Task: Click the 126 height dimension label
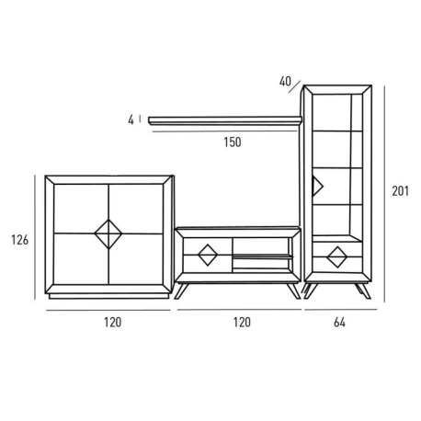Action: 20,240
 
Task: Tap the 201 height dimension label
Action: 401,191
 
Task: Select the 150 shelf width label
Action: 233,142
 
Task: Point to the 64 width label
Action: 339,323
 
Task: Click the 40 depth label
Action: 285,81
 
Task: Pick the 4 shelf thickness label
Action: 131,119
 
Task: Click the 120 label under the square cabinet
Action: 113,323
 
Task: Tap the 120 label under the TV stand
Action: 242,323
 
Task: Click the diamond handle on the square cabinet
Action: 108,233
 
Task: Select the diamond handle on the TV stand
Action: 208,255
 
